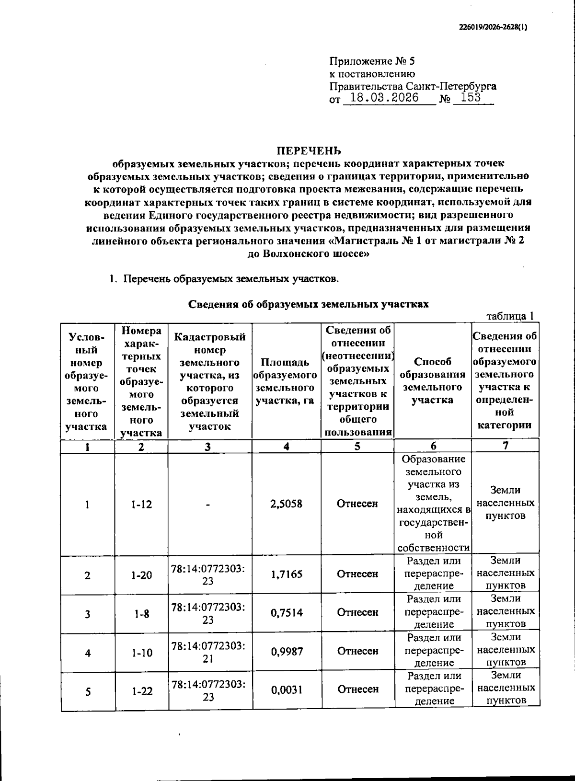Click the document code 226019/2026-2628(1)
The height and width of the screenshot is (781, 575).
pyautogui.click(x=490, y=27)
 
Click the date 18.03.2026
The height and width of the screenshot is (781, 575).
pyautogui.click(x=385, y=98)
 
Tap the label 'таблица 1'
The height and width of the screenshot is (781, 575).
pyautogui.click(x=510, y=316)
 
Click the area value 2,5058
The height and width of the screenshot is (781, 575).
pyautogui.click(x=287, y=504)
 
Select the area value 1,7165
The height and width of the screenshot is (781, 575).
pyautogui.click(x=287, y=574)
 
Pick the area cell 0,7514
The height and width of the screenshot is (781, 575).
pyautogui.click(x=287, y=612)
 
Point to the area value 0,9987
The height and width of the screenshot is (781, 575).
pyautogui.click(x=287, y=651)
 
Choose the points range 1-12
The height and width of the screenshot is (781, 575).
pyautogui.click(x=141, y=504)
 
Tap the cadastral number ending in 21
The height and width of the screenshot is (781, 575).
pyautogui.click(x=208, y=652)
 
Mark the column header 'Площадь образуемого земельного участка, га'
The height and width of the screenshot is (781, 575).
pyautogui.click(x=287, y=381)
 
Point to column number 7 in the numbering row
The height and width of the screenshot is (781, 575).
pyautogui.click(x=506, y=446)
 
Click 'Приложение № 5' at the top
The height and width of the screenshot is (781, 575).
pyautogui.click(x=372, y=62)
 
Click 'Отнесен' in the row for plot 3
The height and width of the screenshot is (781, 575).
pyautogui.click(x=357, y=612)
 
